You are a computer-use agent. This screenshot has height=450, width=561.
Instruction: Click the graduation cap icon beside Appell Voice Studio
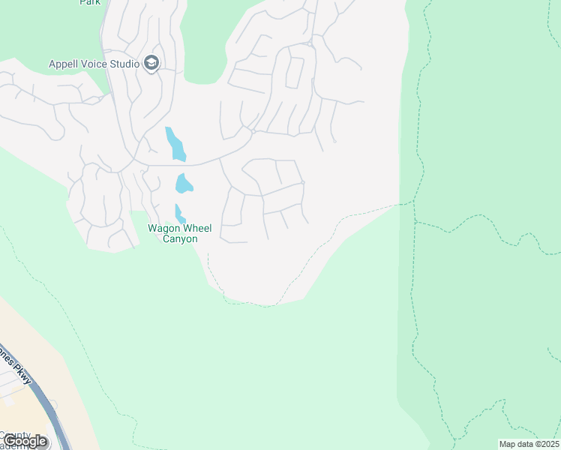tap(152, 64)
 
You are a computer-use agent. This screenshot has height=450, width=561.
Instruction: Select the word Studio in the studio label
tap(125, 64)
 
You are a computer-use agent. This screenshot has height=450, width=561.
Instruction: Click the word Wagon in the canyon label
tap(163, 228)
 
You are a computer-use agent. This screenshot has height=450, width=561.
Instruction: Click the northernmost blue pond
tap(175, 144)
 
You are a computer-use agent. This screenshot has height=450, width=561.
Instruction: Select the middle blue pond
tap(184, 184)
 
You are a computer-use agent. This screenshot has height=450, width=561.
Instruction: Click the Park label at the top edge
tap(90, 2)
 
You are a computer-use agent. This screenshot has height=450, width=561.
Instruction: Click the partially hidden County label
tap(15, 435)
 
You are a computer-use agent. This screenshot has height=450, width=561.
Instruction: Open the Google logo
tap(25, 441)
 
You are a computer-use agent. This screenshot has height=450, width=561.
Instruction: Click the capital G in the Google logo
tap(9, 441)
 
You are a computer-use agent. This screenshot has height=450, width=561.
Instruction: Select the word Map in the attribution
tap(508, 444)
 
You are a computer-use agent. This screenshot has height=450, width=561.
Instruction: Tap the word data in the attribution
tap(525, 444)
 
